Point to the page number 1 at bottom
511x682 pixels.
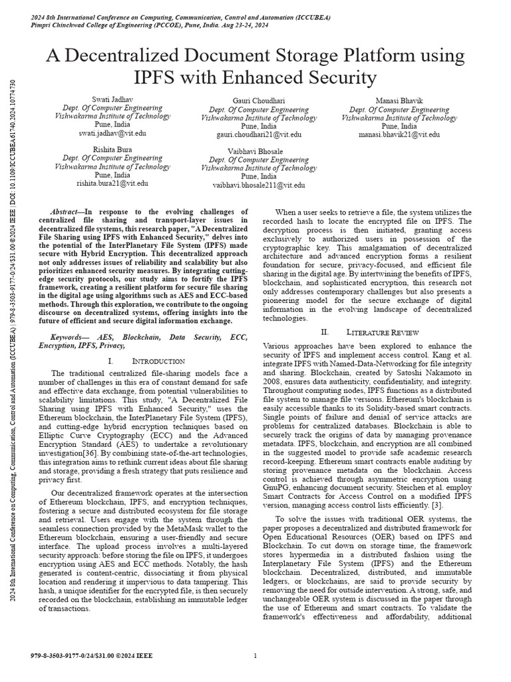click(255, 656)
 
